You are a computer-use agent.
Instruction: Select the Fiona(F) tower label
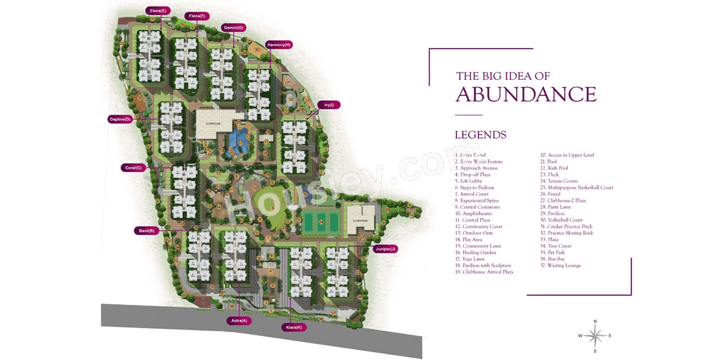click(x=195, y=16)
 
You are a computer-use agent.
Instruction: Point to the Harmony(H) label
click(x=279, y=45)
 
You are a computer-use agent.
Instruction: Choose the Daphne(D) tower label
click(x=121, y=119)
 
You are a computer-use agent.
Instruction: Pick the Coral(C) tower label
click(x=134, y=167)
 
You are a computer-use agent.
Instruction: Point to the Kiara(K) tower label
click(x=294, y=328)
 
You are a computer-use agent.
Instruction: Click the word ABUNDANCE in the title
click(x=526, y=95)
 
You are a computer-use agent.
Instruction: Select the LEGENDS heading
click(x=480, y=135)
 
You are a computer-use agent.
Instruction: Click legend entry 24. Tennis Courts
click(x=562, y=181)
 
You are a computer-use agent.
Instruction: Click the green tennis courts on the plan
click(x=320, y=222)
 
